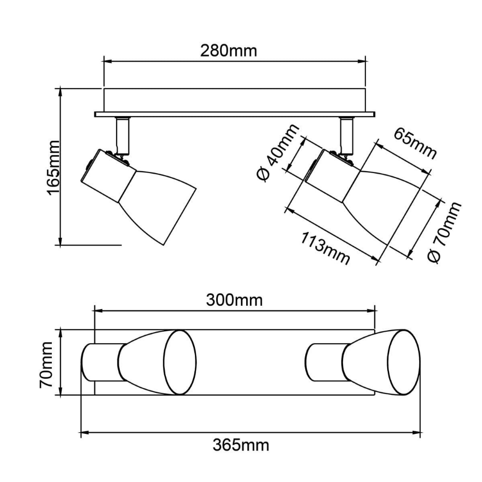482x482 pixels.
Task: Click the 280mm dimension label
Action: (x=229, y=51)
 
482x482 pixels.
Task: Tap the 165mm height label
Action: (x=53, y=167)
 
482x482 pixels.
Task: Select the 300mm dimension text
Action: (x=234, y=300)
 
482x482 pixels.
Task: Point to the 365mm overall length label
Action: (x=240, y=445)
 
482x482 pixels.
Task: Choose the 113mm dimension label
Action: (x=325, y=248)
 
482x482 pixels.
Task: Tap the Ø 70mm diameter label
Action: (x=445, y=233)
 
